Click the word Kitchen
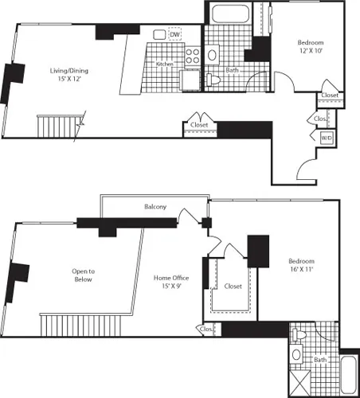click(x=164, y=64)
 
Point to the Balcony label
click(x=155, y=207)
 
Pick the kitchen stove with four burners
click(x=192, y=56)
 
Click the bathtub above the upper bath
click(x=228, y=14)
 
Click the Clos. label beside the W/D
click(x=319, y=118)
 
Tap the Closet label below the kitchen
click(x=198, y=124)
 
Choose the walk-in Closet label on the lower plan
click(x=233, y=286)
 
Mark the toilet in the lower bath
click(x=297, y=354)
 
